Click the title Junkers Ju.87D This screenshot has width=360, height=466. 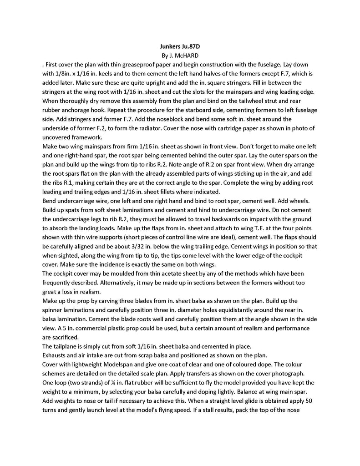click(180, 46)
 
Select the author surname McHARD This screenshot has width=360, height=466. click(186, 56)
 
